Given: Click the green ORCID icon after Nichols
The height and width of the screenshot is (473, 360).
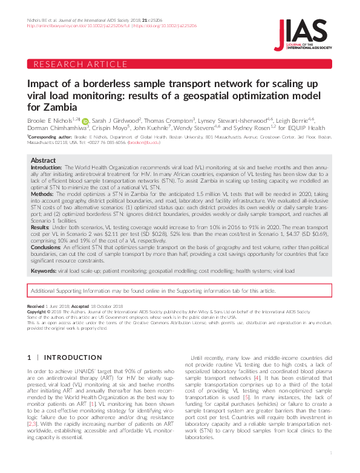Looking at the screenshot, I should [85, 121].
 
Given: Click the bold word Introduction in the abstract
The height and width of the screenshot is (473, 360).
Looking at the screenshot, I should [46, 167].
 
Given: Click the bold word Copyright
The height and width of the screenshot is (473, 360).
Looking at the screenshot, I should [38, 313].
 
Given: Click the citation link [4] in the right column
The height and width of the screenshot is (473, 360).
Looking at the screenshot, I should [258, 395].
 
